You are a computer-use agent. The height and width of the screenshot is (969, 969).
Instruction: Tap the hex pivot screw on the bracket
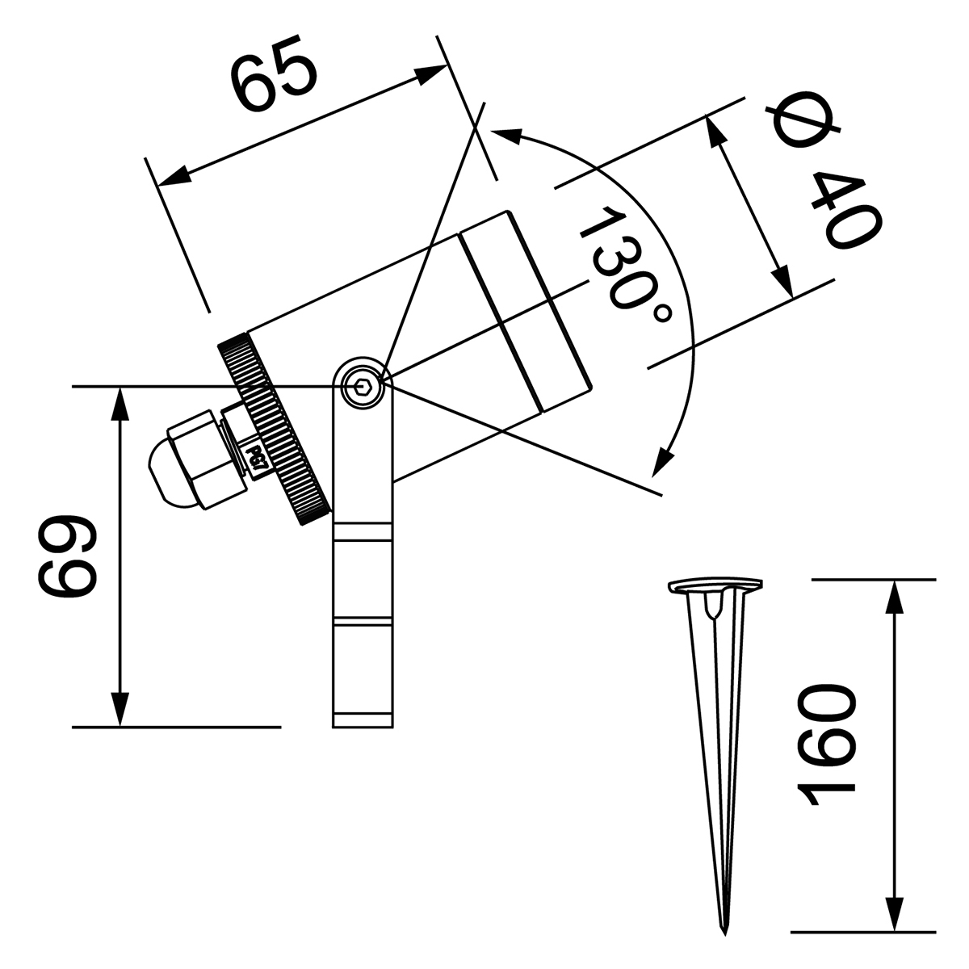tap(362, 388)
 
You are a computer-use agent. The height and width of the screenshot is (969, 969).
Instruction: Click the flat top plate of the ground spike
tap(715, 585)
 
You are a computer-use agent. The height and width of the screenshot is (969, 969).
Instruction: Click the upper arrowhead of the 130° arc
tap(506, 135)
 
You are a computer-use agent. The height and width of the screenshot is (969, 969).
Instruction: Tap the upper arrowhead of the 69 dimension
tap(120, 401)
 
